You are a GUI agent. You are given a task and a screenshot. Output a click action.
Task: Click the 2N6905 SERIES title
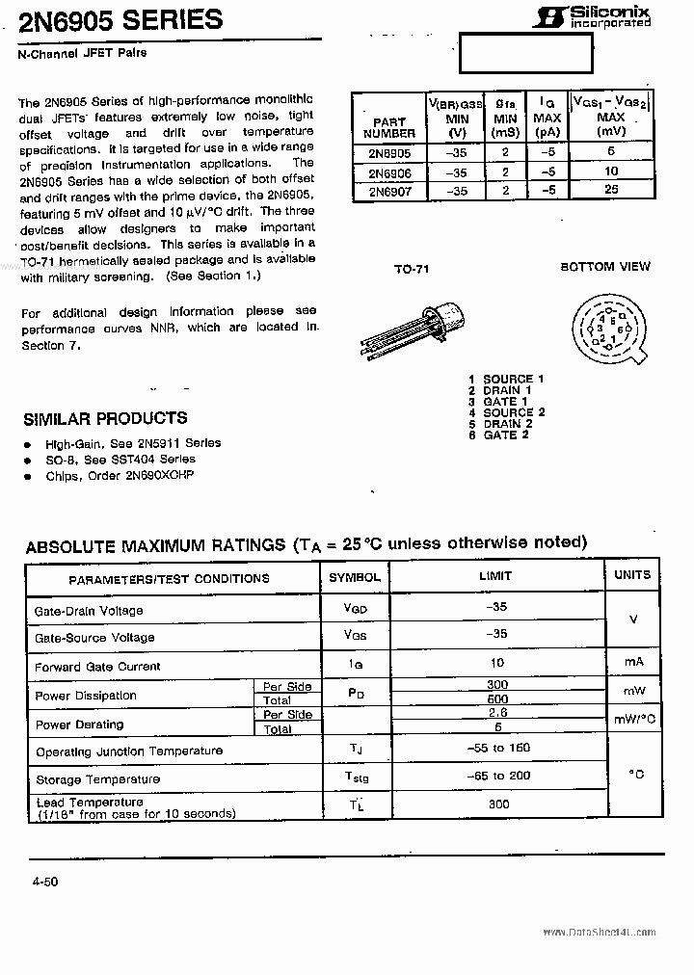click(121, 19)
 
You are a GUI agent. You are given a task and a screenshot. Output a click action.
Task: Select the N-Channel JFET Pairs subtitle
click(84, 53)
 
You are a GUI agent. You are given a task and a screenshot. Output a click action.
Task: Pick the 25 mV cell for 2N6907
click(611, 190)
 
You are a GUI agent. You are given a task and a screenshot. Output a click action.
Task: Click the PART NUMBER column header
click(388, 127)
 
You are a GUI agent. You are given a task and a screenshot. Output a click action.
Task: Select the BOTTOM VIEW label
click(605, 266)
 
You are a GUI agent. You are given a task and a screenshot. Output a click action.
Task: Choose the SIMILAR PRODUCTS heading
click(104, 418)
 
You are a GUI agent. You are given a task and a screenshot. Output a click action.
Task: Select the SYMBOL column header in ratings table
click(355, 577)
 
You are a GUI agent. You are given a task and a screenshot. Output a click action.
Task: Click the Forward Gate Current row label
click(97, 667)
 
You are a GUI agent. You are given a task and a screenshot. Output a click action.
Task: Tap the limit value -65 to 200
click(498, 776)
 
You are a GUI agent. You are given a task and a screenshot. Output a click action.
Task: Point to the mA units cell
click(632, 663)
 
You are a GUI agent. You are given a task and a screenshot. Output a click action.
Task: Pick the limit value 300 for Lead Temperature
click(498, 804)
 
